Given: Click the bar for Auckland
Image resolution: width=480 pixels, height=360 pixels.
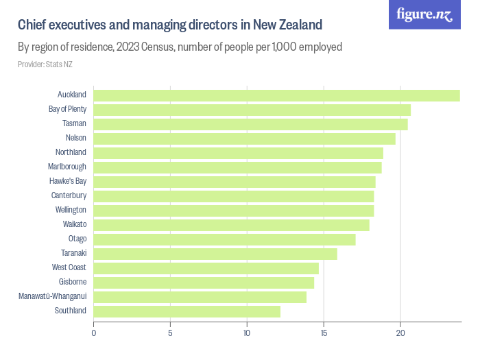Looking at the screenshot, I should coord(276,95).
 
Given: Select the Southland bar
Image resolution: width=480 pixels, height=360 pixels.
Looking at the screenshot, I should coord(187,311).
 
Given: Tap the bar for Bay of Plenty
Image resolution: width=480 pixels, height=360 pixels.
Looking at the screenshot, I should coord(252,110).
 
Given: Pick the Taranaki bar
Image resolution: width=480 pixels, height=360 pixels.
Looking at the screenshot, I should coord(215,254).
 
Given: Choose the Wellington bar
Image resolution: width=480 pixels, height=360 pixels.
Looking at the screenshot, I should coord(234,210).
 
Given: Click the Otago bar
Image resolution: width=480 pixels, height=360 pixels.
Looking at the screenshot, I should coord(224,239).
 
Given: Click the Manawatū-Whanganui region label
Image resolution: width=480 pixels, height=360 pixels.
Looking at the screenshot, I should coord(53,296).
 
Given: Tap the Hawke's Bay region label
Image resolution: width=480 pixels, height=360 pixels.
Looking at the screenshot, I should coord(68,181).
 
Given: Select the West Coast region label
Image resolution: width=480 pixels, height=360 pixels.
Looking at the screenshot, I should coord(69,267).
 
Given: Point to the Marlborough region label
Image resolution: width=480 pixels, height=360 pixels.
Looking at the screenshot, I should coord(67,167).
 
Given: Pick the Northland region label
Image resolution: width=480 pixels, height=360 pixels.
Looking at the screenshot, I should coord(71,152).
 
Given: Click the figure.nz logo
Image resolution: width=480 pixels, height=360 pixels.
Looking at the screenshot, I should coord(424,15).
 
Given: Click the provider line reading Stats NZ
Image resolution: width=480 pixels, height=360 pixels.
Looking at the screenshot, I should coord(45,64).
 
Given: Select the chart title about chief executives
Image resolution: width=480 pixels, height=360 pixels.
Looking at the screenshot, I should coord(170,25).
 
